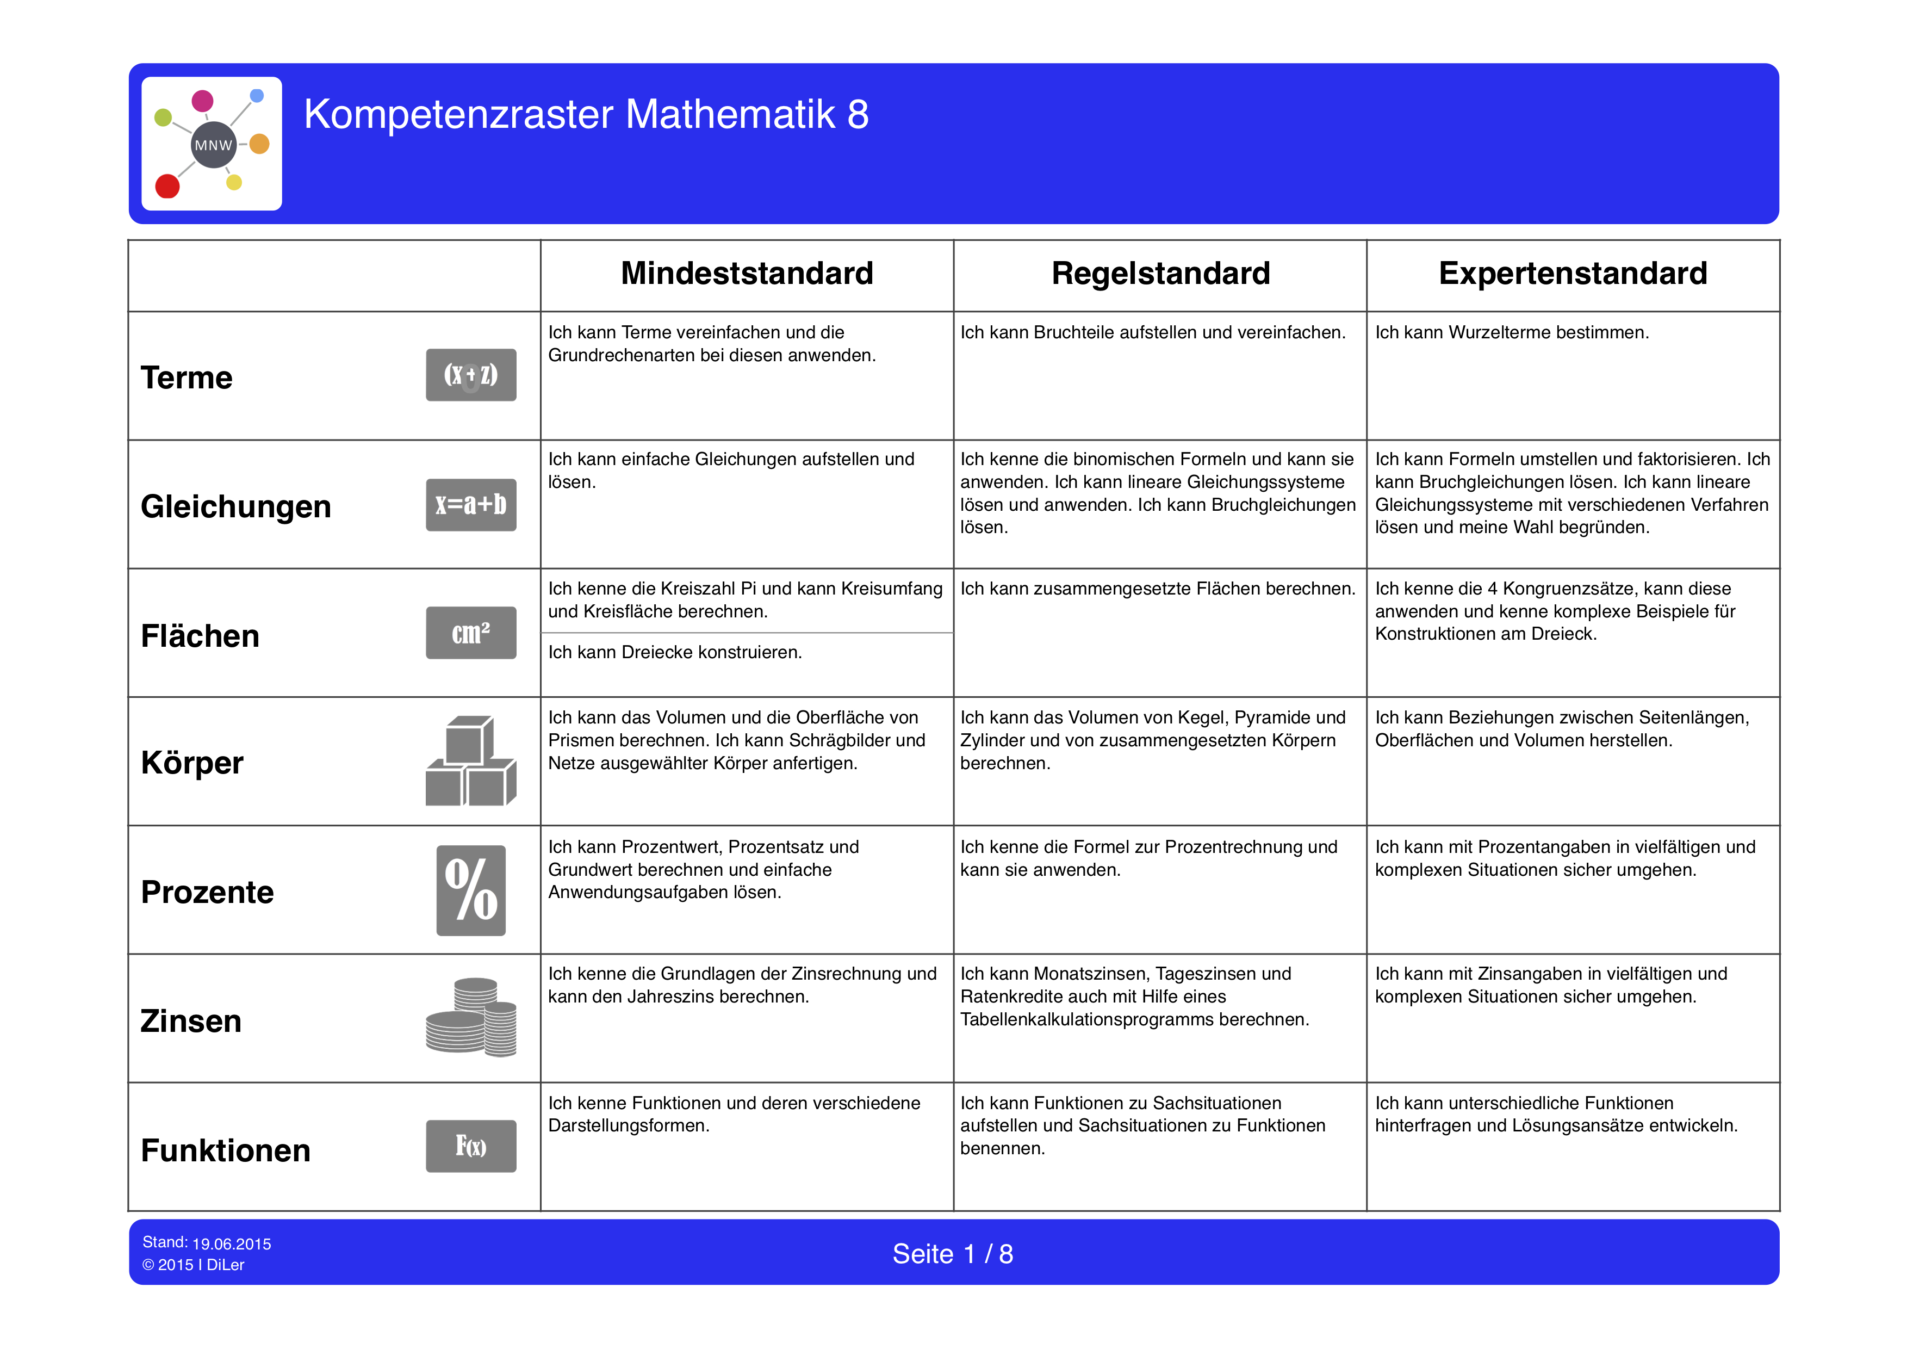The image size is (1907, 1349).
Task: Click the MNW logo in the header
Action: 212,144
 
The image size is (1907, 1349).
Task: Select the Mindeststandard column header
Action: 747,273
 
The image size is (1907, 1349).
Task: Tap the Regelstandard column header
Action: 1160,273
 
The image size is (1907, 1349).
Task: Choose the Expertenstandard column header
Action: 1572,273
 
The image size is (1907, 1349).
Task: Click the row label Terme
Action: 187,378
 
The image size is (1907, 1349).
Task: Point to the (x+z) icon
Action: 471,375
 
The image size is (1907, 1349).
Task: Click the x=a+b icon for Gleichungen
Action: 471,504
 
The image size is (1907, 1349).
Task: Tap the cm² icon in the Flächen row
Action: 471,633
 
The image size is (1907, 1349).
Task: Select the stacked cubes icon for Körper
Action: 471,761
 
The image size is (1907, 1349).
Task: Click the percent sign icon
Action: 471,890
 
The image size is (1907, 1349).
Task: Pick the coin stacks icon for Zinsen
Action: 471,1018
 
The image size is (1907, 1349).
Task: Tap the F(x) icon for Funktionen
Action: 471,1146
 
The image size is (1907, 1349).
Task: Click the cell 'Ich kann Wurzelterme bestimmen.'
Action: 1512,332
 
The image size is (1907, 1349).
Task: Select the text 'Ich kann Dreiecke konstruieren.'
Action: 674,652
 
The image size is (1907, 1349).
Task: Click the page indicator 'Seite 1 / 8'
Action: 953,1253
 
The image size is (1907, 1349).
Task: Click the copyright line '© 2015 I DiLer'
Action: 194,1265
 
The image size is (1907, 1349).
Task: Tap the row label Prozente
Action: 208,892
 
